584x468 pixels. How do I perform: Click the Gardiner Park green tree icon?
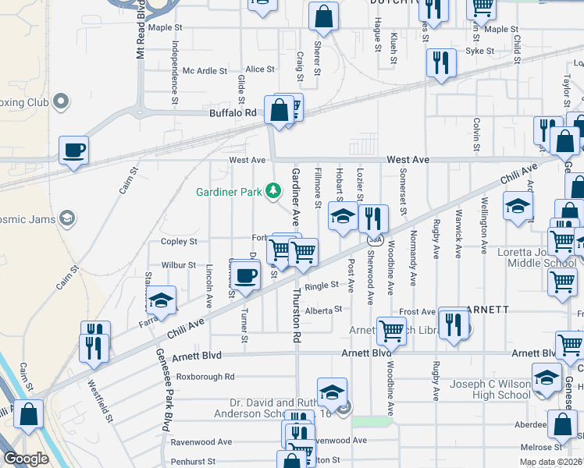coord(272,190)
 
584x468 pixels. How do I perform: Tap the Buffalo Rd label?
coord(233,113)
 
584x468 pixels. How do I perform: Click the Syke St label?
coord(479,51)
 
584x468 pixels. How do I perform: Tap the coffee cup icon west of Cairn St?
coord(74,151)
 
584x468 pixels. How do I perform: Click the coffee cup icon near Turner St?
coord(246,275)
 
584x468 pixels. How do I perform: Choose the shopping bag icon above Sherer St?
coord(322,16)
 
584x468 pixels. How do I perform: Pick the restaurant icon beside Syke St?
coord(441,63)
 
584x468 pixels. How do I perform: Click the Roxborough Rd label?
coord(205,377)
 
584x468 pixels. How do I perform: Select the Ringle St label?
coord(322,286)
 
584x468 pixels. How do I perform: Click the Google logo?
coord(26,459)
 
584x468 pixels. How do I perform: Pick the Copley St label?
coord(179,242)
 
